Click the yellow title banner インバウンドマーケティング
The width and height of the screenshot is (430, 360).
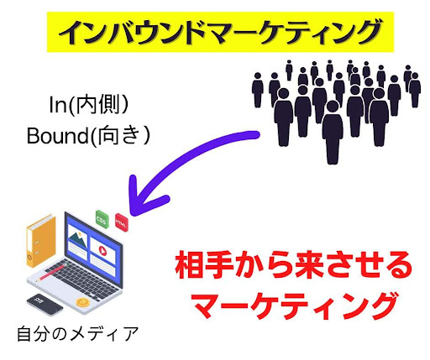click(216, 33)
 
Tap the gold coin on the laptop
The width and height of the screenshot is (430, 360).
click(83, 300)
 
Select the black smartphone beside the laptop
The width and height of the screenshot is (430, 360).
click(39, 300)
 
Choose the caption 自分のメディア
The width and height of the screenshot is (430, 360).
click(76, 333)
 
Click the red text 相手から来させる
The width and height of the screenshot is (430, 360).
click(293, 267)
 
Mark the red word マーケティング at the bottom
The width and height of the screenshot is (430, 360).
click(293, 305)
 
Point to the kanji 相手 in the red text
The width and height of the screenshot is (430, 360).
click(202, 267)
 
